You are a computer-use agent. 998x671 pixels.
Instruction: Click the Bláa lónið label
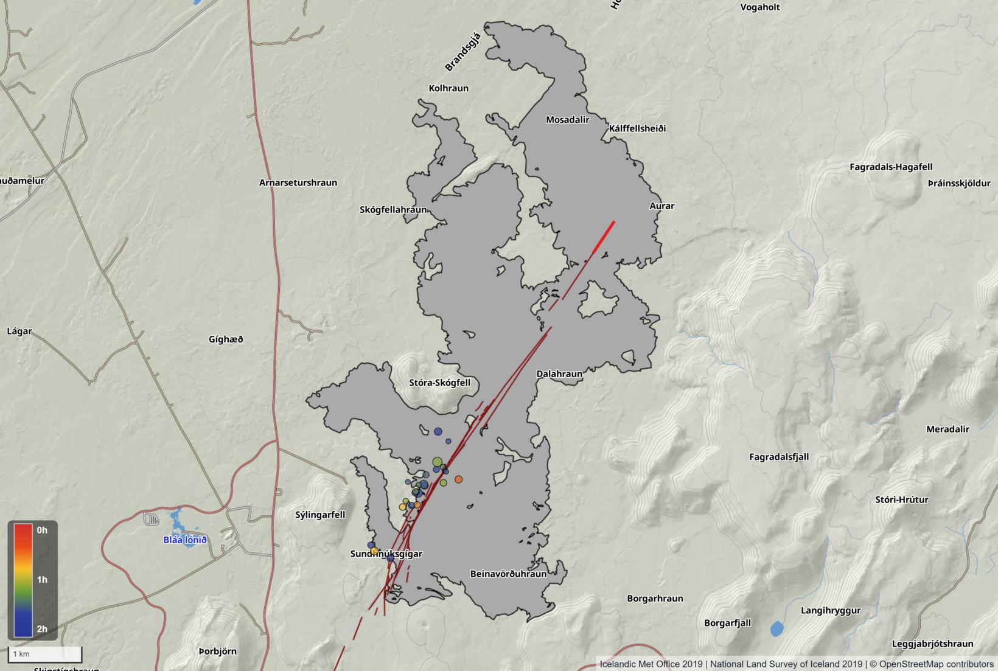point(185,540)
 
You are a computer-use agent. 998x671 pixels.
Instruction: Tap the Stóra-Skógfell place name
point(439,383)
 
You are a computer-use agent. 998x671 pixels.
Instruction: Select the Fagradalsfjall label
point(779,457)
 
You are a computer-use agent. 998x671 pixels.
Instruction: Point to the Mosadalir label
point(567,120)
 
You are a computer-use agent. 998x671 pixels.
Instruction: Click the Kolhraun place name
point(448,88)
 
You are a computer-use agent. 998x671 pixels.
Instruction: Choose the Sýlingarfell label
point(320,515)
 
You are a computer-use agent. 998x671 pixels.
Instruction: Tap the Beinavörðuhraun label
point(508,574)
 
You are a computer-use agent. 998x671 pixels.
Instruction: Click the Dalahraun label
point(559,374)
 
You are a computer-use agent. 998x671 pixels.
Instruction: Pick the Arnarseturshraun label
point(298,183)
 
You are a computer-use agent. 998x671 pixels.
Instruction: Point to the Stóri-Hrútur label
point(901,500)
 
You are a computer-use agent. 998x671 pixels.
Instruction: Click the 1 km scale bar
point(44,654)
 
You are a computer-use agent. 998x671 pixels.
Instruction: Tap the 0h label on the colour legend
point(42,530)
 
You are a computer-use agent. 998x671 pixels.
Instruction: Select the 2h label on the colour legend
point(42,629)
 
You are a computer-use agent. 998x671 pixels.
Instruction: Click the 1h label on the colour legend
point(42,579)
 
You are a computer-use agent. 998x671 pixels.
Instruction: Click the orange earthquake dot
point(458,479)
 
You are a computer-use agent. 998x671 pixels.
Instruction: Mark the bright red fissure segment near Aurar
point(604,237)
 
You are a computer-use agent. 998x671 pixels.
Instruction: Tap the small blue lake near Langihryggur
point(776,628)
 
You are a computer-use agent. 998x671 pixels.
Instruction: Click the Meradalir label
point(947,429)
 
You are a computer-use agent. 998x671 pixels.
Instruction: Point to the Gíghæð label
point(226,339)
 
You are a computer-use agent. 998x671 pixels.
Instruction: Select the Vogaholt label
point(759,7)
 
